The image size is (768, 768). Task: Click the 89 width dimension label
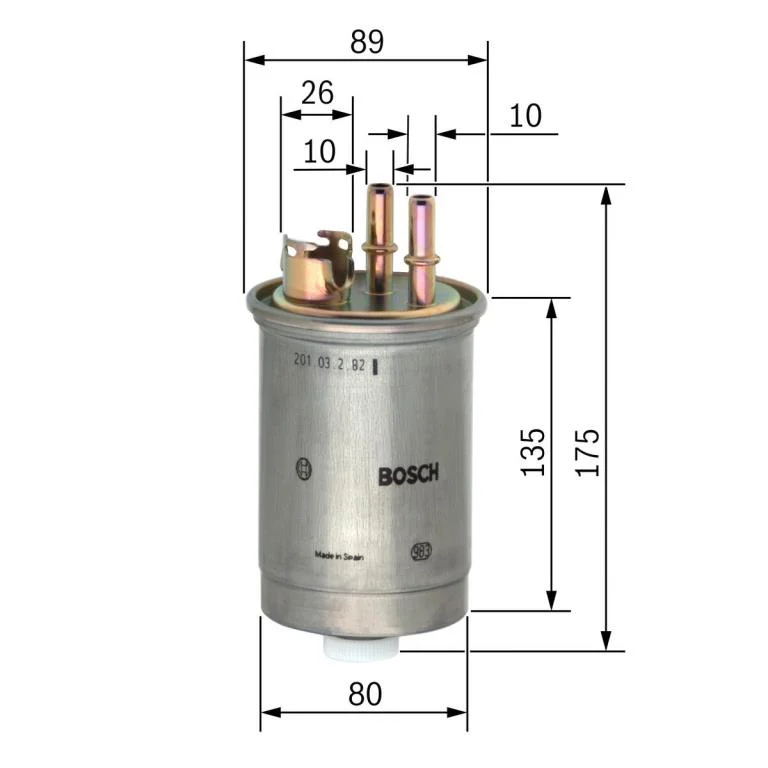tap(367, 41)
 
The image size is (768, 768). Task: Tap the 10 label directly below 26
tap(319, 151)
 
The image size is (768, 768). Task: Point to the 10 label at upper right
tap(524, 116)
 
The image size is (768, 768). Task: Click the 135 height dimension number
tap(534, 452)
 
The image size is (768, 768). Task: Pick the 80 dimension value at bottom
tap(365, 693)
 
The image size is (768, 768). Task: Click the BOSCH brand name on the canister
tap(408, 476)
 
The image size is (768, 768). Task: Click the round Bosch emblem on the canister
tap(304, 467)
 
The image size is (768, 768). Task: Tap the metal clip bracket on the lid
tap(317, 267)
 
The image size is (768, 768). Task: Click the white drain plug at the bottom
tap(360, 649)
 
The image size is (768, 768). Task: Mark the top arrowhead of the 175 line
tap(605, 193)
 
